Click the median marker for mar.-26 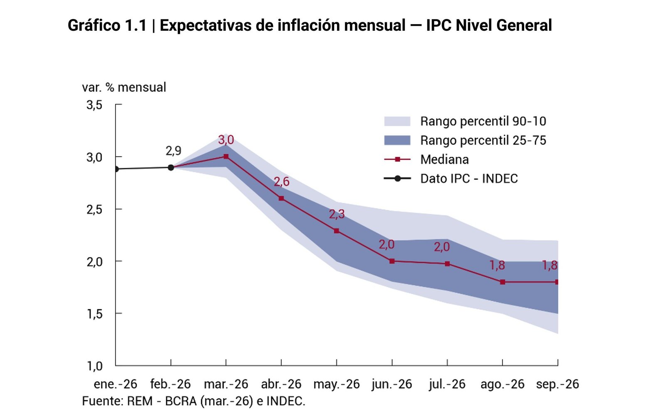[x=226, y=156]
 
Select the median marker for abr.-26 [x=281, y=198]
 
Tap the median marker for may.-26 [x=337, y=231]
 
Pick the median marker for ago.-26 [x=502, y=282]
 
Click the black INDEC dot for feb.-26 [x=171, y=167]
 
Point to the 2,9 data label [x=173, y=151]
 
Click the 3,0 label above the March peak [x=226, y=140]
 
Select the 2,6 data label [x=281, y=182]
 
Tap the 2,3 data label [x=337, y=214]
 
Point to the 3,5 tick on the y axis [x=94, y=105]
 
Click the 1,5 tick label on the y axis [x=94, y=314]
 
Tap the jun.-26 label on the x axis [x=392, y=384]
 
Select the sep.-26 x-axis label [x=557, y=384]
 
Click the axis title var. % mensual [x=124, y=87]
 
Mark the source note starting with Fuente [x=194, y=401]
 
